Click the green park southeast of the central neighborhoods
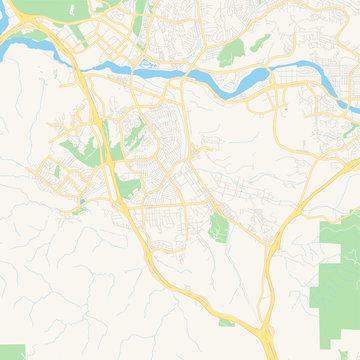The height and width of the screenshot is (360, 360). pyautogui.click(x=219, y=228)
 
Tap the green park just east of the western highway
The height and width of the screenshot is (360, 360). pyautogui.click(x=129, y=186)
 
